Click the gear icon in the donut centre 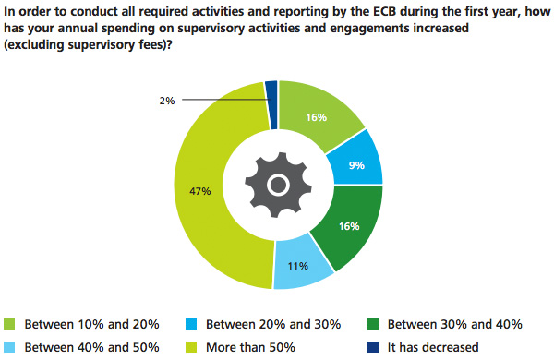point(278,185)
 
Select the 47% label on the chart point(201,191)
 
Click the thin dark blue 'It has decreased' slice point(271,91)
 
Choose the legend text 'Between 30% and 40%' point(455,324)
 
